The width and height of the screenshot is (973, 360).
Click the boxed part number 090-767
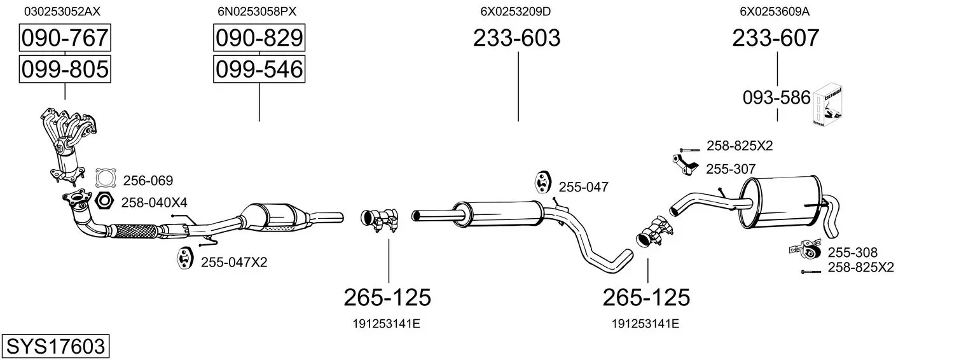[x=65, y=38]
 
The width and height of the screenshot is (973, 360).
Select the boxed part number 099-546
[x=259, y=69]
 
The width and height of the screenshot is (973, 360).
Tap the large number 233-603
[x=516, y=38]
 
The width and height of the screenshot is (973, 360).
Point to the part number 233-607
[x=775, y=38]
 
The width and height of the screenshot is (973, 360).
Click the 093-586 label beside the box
[x=776, y=98]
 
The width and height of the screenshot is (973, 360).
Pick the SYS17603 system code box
[x=55, y=346]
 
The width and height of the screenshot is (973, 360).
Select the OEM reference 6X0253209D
[x=515, y=11]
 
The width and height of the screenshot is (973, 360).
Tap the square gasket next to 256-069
[x=106, y=178]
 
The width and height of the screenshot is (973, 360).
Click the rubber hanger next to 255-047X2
[x=184, y=258]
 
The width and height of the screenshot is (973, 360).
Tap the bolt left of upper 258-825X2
[x=690, y=149]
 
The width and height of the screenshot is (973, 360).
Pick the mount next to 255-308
[x=806, y=249]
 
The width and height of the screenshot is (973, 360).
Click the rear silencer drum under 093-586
[x=781, y=202]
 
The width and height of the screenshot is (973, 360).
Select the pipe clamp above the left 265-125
[x=380, y=219]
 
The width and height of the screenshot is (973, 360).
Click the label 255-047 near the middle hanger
[x=583, y=187]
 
